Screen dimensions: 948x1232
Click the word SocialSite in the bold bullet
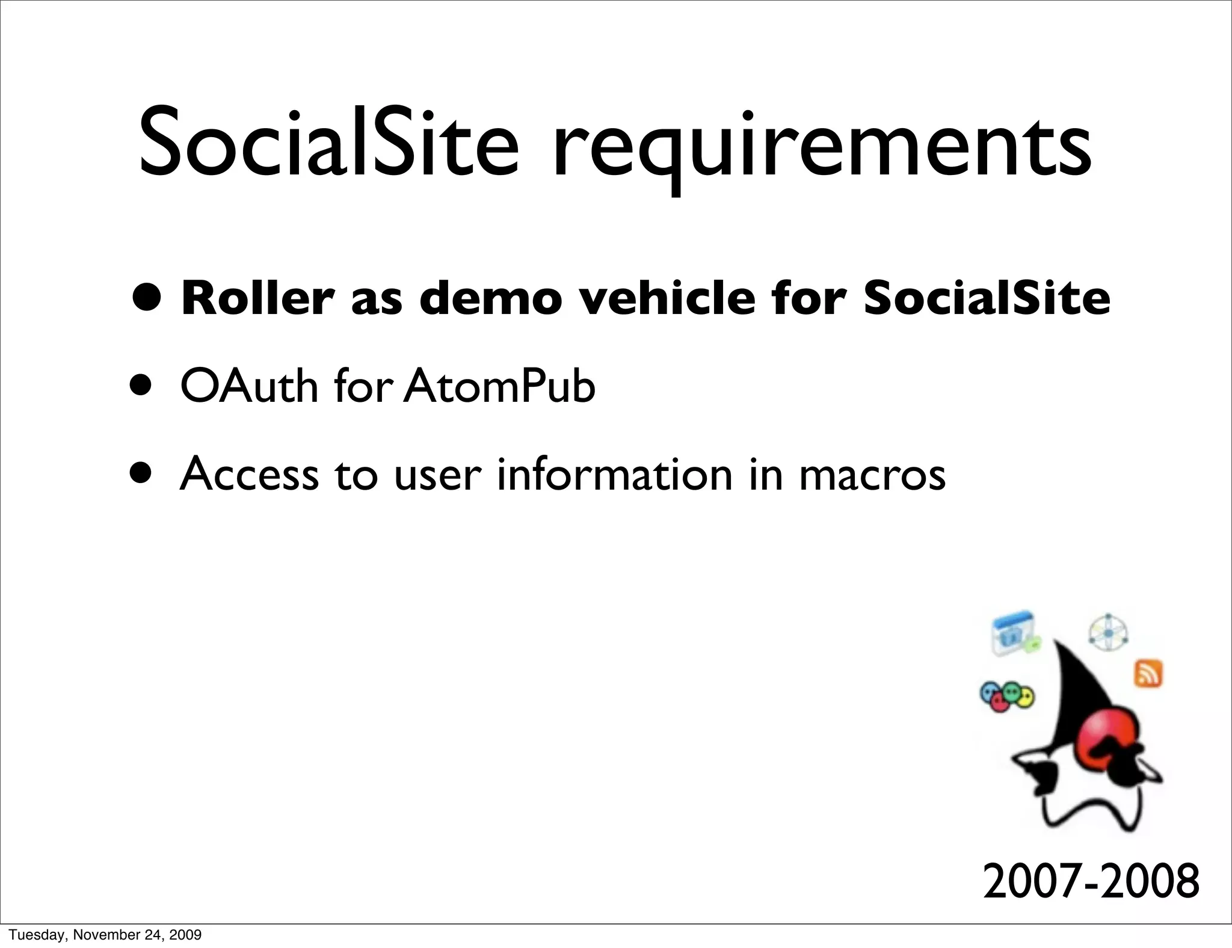click(987, 298)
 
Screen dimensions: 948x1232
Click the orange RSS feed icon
click(1148, 674)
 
